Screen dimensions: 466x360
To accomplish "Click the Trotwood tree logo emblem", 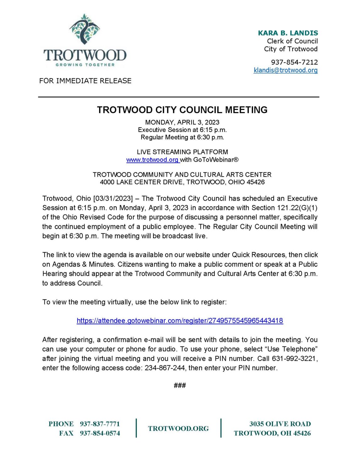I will click(x=84, y=29).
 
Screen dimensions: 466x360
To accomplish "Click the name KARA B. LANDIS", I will click(x=288, y=33).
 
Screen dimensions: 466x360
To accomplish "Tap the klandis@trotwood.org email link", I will click(x=285, y=70).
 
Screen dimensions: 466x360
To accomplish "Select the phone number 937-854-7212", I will click(x=294, y=62).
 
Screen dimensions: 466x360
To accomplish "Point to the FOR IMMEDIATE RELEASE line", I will click(x=85, y=81).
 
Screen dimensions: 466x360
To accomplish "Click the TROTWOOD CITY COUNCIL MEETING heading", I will click(x=182, y=110).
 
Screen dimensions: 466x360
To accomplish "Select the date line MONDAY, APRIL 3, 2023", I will click(x=182, y=122).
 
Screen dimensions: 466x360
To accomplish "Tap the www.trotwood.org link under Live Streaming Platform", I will click(x=152, y=160).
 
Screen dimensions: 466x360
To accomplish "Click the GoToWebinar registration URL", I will click(x=180, y=321).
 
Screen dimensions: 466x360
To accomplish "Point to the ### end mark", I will click(x=180, y=385).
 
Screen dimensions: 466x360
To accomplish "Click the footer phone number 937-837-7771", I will click(x=100, y=424).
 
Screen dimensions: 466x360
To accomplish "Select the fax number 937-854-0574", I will click(x=100, y=433).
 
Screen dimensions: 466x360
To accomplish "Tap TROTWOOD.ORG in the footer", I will click(x=178, y=429).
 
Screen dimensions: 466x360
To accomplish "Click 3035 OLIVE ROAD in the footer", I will click(x=280, y=424).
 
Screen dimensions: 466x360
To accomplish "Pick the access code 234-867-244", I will click(x=165, y=368).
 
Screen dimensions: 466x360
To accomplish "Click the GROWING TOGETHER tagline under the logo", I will click(x=85, y=65).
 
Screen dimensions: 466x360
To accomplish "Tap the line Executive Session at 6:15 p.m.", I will click(x=182, y=130).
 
